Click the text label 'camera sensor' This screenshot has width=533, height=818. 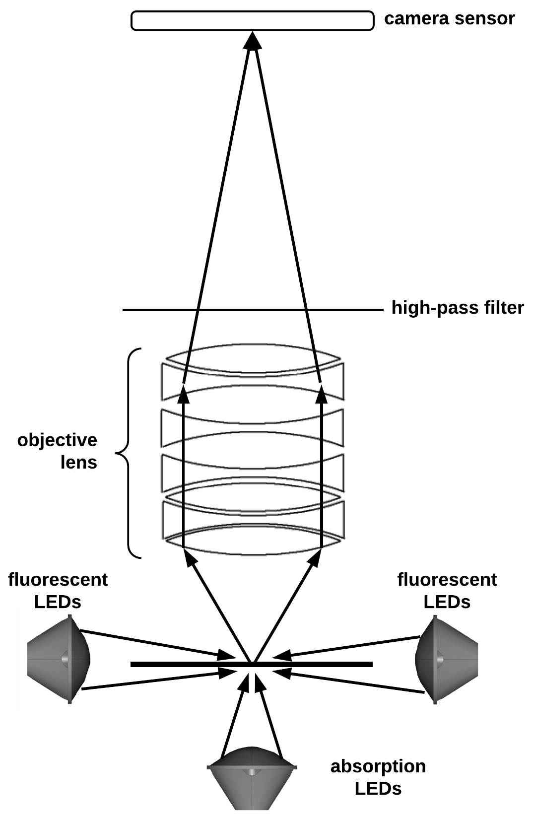tap(449, 19)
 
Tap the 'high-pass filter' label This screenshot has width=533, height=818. tap(457, 308)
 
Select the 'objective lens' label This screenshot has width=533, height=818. tap(58, 451)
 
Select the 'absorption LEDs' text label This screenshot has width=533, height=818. tap(378, 777)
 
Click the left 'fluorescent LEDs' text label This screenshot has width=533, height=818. tap(58, 590)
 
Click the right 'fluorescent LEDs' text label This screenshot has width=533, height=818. tap(447, 590)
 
